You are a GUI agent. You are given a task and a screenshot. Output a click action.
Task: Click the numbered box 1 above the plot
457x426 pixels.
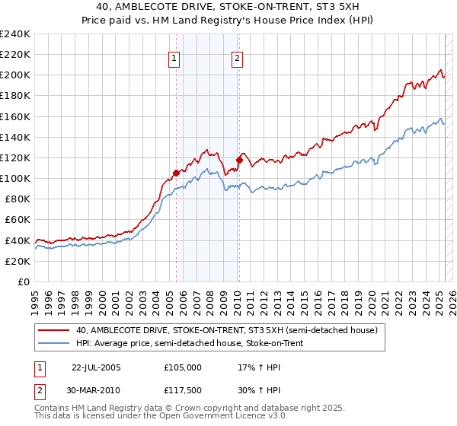(x=174, y=58)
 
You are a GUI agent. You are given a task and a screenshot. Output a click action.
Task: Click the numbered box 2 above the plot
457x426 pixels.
(x=237, y=58)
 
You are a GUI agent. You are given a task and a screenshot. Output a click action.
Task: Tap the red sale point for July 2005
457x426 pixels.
(x=176, y=173)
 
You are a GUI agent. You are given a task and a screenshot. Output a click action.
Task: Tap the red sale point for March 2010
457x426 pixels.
(x=239, y=160)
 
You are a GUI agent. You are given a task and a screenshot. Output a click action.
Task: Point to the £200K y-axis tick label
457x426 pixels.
(x=14, y=75)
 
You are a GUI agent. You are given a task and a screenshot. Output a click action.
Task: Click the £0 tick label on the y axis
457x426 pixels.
(x=23, y=281)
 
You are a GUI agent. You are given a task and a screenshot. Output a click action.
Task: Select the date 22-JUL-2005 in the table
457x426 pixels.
(x=96, y=367)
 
